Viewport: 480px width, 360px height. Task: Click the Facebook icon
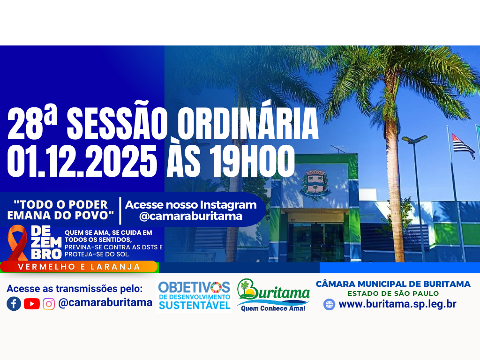(14, 304)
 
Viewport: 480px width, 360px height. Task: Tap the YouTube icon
(31, 304)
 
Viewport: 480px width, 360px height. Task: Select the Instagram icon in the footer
(49, 304)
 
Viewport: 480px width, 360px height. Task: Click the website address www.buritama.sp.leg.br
(397, 304)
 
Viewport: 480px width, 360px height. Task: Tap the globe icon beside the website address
(329, 304)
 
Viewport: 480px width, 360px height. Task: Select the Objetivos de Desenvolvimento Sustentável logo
(194, 295)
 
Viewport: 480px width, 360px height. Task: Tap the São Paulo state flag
(462, 146)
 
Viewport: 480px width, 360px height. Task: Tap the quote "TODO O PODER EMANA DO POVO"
(61, 210)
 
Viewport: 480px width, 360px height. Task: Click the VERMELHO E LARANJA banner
(79, 267)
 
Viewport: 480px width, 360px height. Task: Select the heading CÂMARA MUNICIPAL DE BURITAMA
(393, 284)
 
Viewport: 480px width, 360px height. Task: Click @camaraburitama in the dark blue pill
(191, 216)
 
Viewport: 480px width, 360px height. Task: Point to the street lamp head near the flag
(414, 139)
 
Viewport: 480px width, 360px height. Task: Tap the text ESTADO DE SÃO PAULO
(393, 293)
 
